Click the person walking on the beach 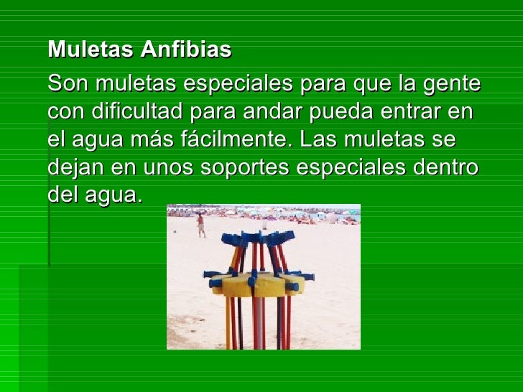click(x=201, y=225)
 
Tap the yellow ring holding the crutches click(x=259, y=285)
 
